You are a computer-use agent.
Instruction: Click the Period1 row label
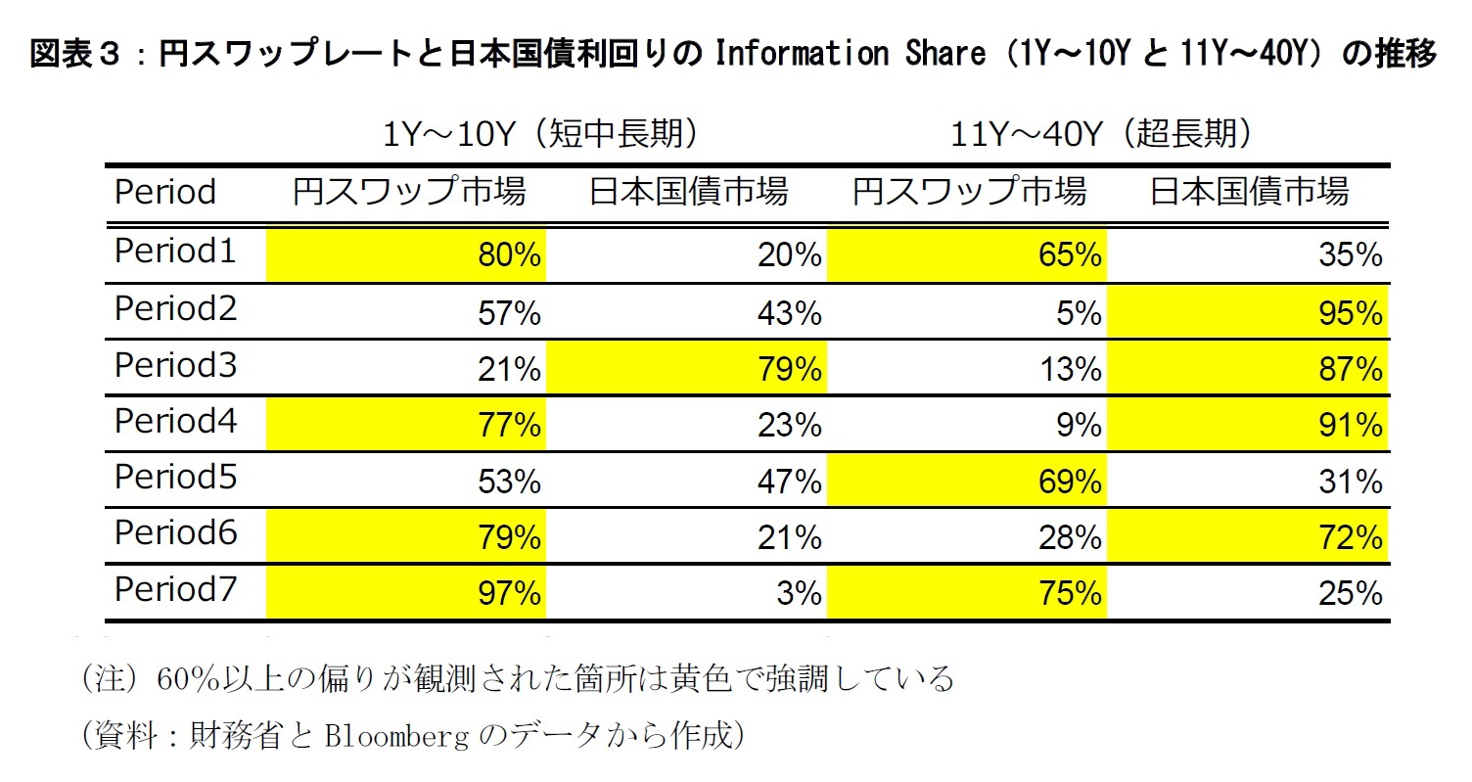(x=175, y=253)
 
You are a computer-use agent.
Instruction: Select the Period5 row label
(x=175, y=478)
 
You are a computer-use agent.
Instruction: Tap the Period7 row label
(x=175, y=590)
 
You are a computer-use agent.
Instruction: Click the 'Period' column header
(x=164, y=192)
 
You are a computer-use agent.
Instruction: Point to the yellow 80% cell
(x=405, y=256)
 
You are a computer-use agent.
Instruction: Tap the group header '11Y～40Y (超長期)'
(x=1102, y=134)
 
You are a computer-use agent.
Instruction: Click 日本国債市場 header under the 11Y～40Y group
(x=1249, y=192)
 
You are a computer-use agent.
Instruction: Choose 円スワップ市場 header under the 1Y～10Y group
(x=409, y=192)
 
